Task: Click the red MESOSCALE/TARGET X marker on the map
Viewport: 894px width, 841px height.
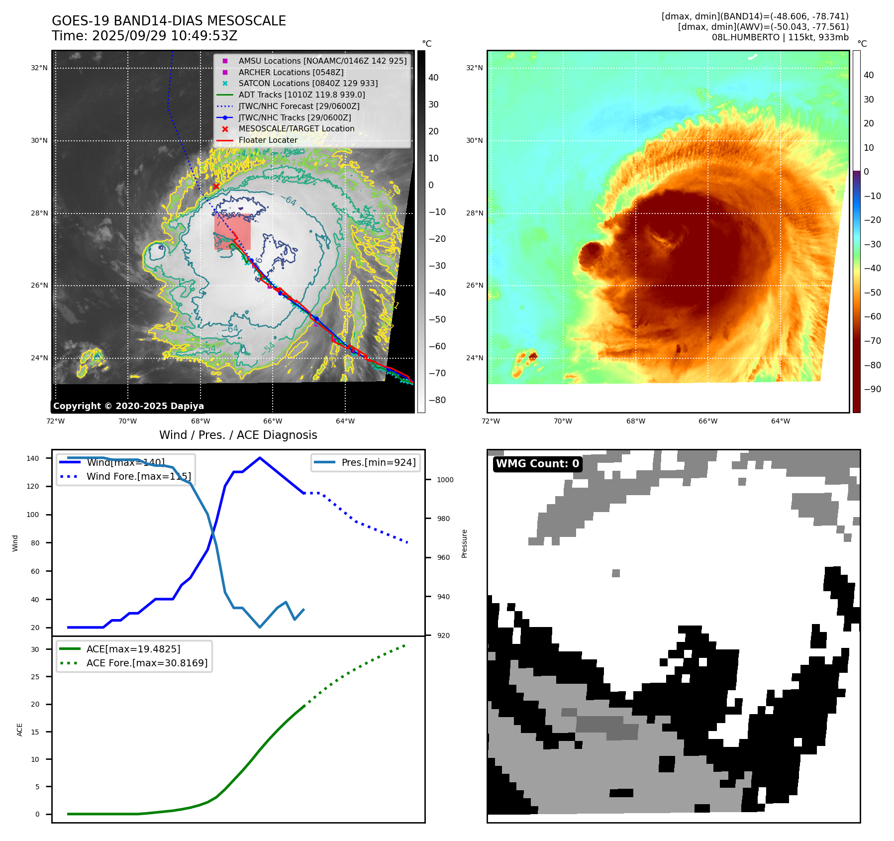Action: (x=216, y=186)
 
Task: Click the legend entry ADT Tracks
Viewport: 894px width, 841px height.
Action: (x=301, y=95)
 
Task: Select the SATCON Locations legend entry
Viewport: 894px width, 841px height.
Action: (x=308, y=83)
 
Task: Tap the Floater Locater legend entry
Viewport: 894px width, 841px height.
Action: (x=268, y=140)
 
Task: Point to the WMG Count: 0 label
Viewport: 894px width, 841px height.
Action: (x=537, y=464)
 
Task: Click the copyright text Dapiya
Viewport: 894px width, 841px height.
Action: (x=128, y=406)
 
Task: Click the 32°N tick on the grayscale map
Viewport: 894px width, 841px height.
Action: (x=39, y=68)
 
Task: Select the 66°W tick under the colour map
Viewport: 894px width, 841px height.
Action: (x=707, y=421)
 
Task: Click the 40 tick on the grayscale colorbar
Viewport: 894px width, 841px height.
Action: (x=433, y=78)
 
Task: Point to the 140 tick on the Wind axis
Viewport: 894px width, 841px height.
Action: (x=33, y=458)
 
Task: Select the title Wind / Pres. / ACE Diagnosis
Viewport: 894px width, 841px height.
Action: (x=238, y=435)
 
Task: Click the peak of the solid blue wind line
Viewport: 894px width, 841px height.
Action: (x=260, y=458)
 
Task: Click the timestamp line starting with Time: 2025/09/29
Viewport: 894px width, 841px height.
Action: (x=144, y=36)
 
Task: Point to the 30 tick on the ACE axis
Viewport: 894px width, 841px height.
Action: (x=35, y=649)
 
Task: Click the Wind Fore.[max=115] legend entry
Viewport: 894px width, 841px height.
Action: (x=138, y=476)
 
